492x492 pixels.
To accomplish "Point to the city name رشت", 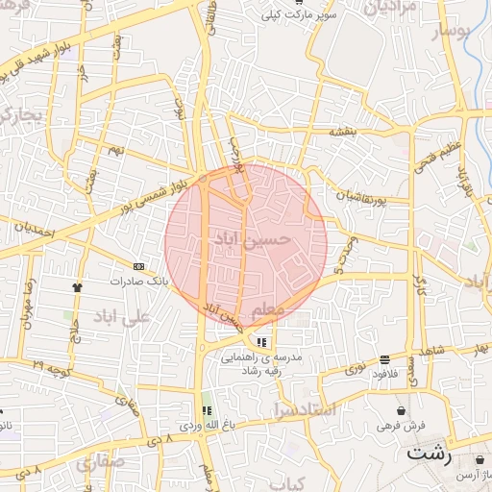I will pyautogui.click(x=429, y=453).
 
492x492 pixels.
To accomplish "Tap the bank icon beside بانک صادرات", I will pyautogui.click(x=139, y=266).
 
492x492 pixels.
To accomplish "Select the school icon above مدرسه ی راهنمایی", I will pyautogui.click(x=262, y=341).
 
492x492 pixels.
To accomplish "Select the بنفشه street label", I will pyautogui.click(x=343, y=131).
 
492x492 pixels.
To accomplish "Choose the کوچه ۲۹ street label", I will pyautogui.click(x=52, y=366).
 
